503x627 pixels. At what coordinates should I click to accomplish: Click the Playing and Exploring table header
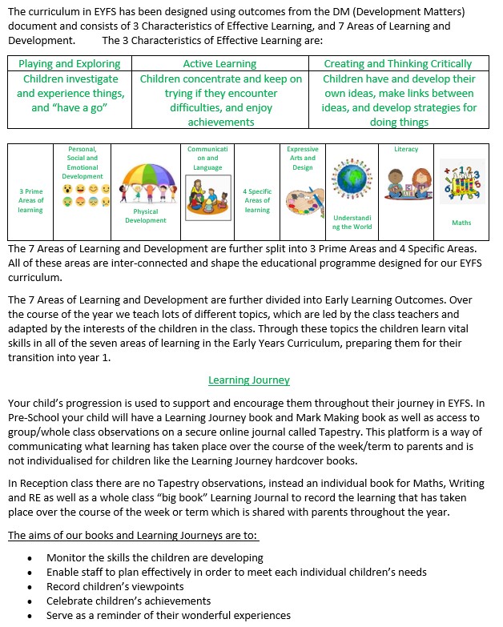click(69, 63)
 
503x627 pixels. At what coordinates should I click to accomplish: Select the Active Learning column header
click(219, 63)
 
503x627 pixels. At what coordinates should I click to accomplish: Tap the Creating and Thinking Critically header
click(397, 63)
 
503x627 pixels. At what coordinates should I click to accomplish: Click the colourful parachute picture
click(145, 186)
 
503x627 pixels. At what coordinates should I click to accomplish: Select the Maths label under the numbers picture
click(461, 223)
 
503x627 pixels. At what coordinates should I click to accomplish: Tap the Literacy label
click(406, 149)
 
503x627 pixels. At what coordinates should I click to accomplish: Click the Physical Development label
click(145, 216)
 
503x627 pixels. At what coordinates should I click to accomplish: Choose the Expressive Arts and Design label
click(302, 159)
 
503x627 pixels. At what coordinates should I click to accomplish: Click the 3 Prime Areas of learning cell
click(30, 200)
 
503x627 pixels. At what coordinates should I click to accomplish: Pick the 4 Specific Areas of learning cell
click(257, 200)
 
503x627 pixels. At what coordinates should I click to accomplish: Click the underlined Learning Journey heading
click(249, 380)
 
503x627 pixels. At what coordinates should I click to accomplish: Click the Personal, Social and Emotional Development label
click(82, 163)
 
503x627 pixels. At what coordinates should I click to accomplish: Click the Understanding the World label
click(352, 222)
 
